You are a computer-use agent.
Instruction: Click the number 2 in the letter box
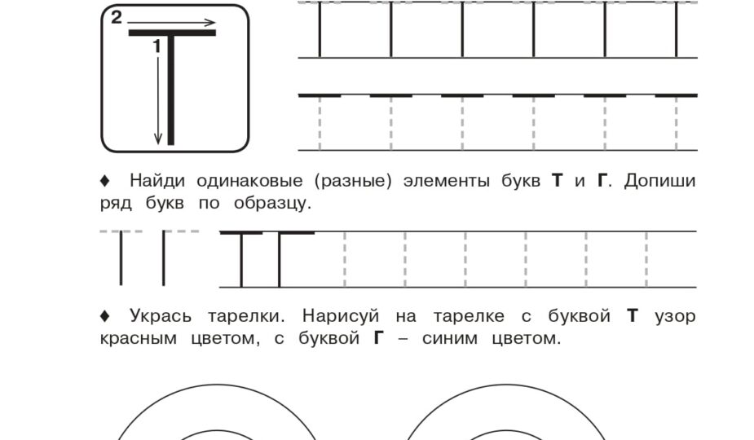coord(117,18)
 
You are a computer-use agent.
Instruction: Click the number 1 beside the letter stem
coord(157,46)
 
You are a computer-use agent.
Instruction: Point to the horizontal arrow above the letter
coord(172,22)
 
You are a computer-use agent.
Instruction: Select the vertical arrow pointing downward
coord(157,100)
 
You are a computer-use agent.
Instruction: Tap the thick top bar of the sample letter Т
coord(172,33)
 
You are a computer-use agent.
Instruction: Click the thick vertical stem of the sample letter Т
coord(170,90)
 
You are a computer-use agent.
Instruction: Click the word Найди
coord(157,181)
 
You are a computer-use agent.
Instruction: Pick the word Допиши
coord(659,181)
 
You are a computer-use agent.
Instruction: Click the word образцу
coord(272,204)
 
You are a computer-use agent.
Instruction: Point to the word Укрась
coord(161,317)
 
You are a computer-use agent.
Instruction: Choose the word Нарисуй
coord(341,316)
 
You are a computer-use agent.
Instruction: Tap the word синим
coord(450,338)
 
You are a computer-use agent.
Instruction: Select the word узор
coord(675,318)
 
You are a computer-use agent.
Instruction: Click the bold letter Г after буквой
coord(379,338)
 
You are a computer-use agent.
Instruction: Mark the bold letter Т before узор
coord(633,316)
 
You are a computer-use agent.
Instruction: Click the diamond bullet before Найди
coord(105,181)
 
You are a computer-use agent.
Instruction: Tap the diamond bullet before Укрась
coord(105,316)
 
